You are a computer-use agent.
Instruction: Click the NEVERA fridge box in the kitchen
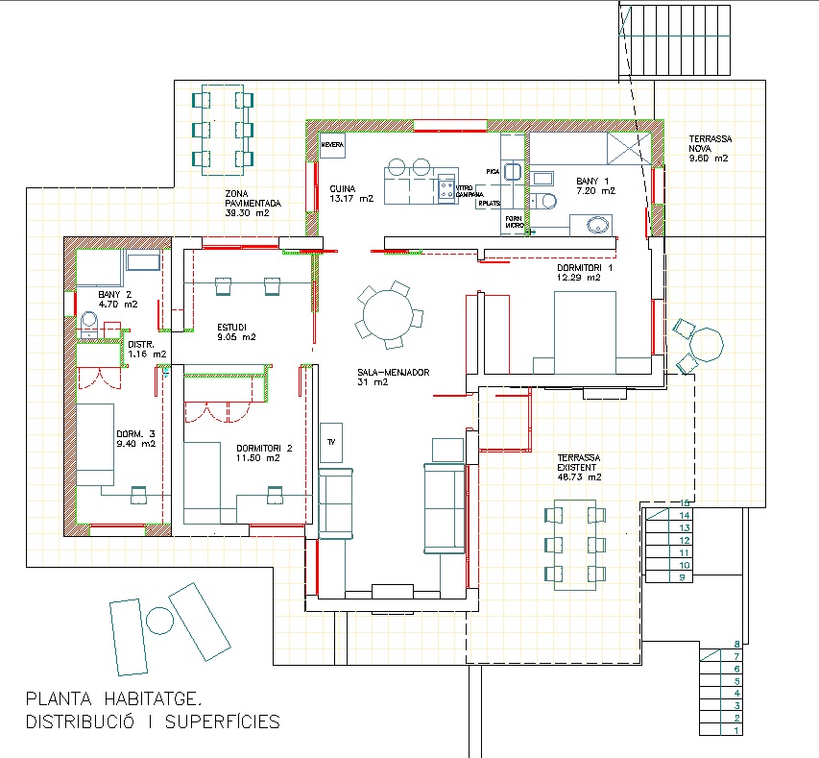point(332,145)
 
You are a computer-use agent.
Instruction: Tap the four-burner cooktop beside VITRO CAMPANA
point(446,188)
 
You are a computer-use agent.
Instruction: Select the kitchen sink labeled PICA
point(513,171)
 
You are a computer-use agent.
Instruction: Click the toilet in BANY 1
point(546,200)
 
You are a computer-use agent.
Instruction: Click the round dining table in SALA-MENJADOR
point(388,312)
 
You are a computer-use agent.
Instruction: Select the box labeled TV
point(331,442)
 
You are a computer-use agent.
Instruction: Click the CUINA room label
point(343,188)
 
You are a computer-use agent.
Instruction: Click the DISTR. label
point(141,343)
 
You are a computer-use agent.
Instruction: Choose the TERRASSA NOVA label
point(709,144)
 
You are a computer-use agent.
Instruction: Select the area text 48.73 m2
point(580,477)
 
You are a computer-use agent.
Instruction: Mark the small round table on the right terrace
point(707,344)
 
